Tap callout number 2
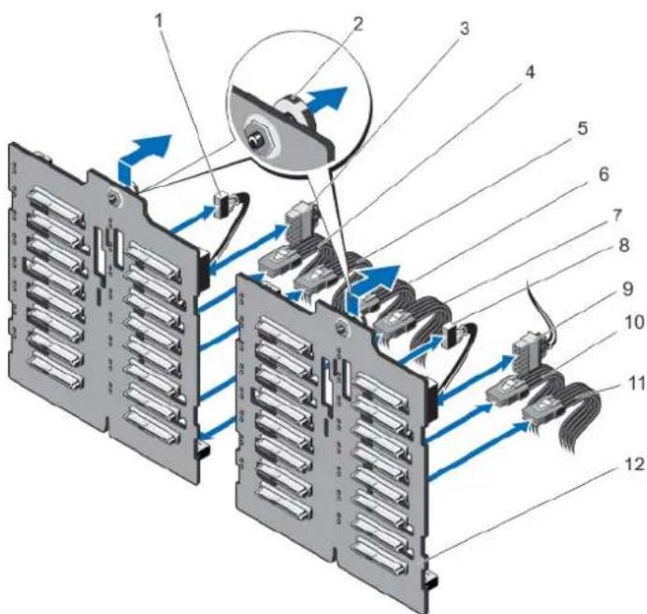tap(357, 24)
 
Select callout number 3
tap(464, 29)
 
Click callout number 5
tap(582, 128)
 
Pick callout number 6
tap(603, 175)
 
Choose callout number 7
tap(616, 215)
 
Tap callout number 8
tap(624, 246)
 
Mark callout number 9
tap(627, 289)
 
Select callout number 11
tap(635, 383)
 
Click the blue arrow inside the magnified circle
tap(326, 102)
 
